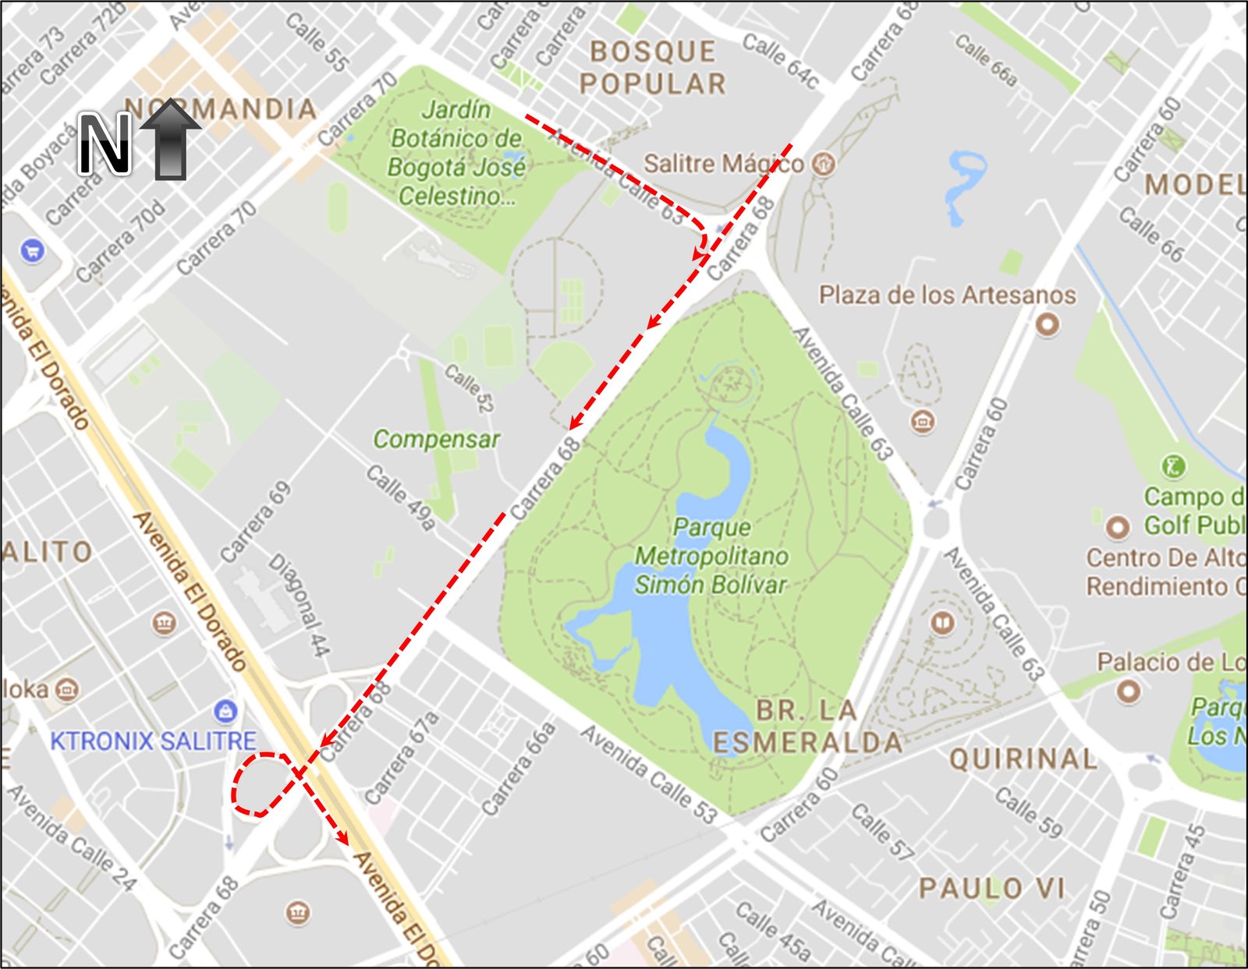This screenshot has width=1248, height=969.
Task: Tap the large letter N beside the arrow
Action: click(105, 143)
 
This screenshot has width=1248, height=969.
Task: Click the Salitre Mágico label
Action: click(722, 164)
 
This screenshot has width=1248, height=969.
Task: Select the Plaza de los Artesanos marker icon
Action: click(1047, 324)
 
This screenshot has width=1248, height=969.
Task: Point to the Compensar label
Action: click(436, 440)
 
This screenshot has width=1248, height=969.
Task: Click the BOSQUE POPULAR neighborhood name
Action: click(653, 68)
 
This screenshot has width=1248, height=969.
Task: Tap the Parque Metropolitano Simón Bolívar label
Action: click(711, 556)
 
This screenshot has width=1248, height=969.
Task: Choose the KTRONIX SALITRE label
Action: click(153, 741)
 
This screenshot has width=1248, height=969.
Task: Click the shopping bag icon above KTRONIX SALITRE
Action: click(225, 711)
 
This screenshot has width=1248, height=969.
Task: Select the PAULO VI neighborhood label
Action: click(991, 888)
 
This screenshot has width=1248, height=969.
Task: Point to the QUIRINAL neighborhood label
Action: click(1023, 759)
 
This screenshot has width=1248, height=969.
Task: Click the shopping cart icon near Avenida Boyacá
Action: click(32, 251)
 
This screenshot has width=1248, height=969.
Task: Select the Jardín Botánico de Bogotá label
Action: click(457, 153)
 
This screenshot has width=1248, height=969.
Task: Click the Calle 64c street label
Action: click(780, 61)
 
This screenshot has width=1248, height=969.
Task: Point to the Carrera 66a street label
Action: click(519, 768)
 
